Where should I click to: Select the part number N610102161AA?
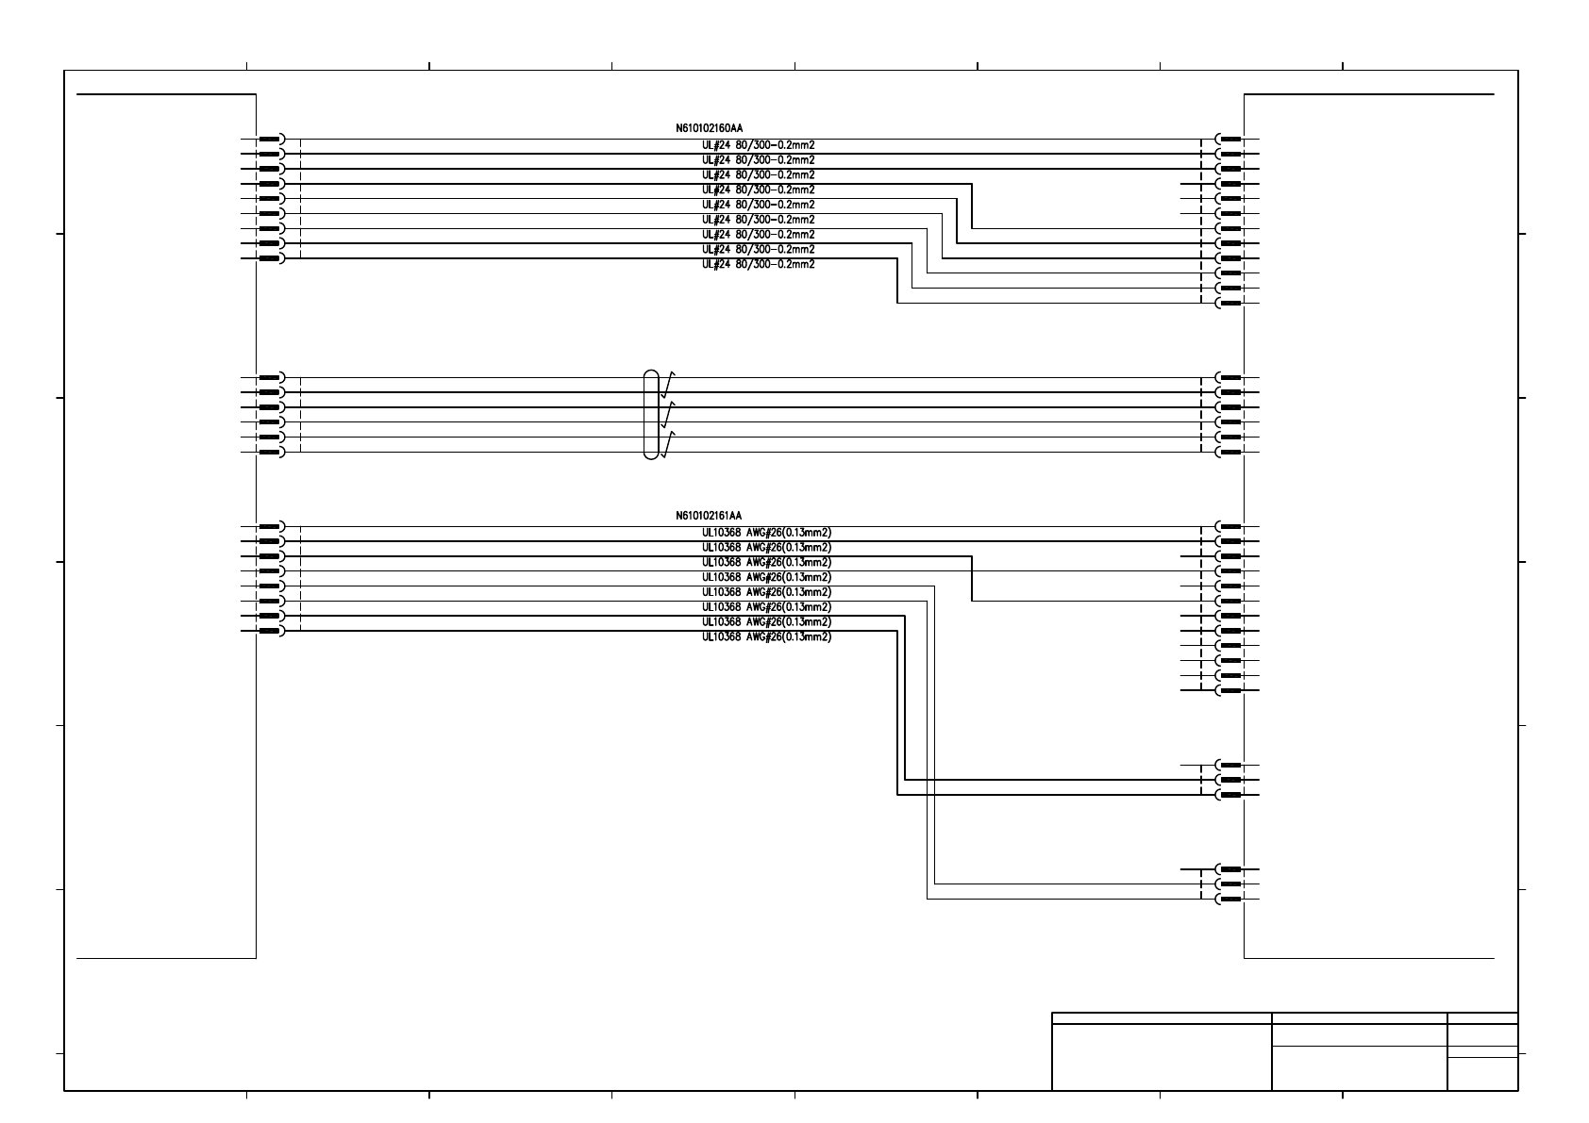(709, 516)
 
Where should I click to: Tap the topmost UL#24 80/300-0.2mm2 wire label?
(758, 145)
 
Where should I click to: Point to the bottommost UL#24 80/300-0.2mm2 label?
(758, 264)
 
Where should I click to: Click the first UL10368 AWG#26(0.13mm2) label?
(766, 532)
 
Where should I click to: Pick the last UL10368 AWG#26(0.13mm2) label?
(766, 636)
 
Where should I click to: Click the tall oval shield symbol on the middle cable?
(651, 415)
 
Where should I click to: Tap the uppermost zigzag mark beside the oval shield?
(668, 384)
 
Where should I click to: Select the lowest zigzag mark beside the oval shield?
(668, 444)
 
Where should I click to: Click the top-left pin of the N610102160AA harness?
(271, 139)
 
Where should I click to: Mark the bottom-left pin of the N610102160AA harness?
(271, 258)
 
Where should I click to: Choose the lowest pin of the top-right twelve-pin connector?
(1229, 303)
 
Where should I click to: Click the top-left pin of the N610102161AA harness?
(271, 526)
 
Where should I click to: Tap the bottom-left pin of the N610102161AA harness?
(271, 631)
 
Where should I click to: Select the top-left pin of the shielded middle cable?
(271, 377)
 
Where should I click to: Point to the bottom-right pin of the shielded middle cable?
(1229, 453)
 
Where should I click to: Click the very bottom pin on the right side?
(1229, 899)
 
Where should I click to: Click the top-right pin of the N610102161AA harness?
(1229, 526)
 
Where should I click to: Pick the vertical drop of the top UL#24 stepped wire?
(972, 206)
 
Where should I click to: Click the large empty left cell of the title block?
(1162, 1056)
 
